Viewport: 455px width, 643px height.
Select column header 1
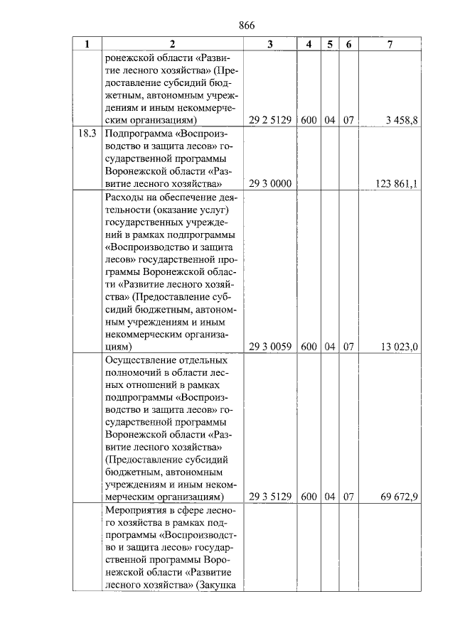(x=87, y=44)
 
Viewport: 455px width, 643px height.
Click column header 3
(x=270, y=44)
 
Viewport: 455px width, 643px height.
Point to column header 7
(x=390, y=44)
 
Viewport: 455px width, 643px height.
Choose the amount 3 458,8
(x=402, y=120)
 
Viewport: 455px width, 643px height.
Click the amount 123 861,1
(x=397, y=183)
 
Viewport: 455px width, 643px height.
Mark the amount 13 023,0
(x=400, y=347)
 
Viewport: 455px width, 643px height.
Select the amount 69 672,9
(x=400, y=497)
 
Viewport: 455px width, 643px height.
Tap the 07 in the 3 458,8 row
(x=348, y=120)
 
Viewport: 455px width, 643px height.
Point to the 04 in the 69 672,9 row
(x=329, y=497)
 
